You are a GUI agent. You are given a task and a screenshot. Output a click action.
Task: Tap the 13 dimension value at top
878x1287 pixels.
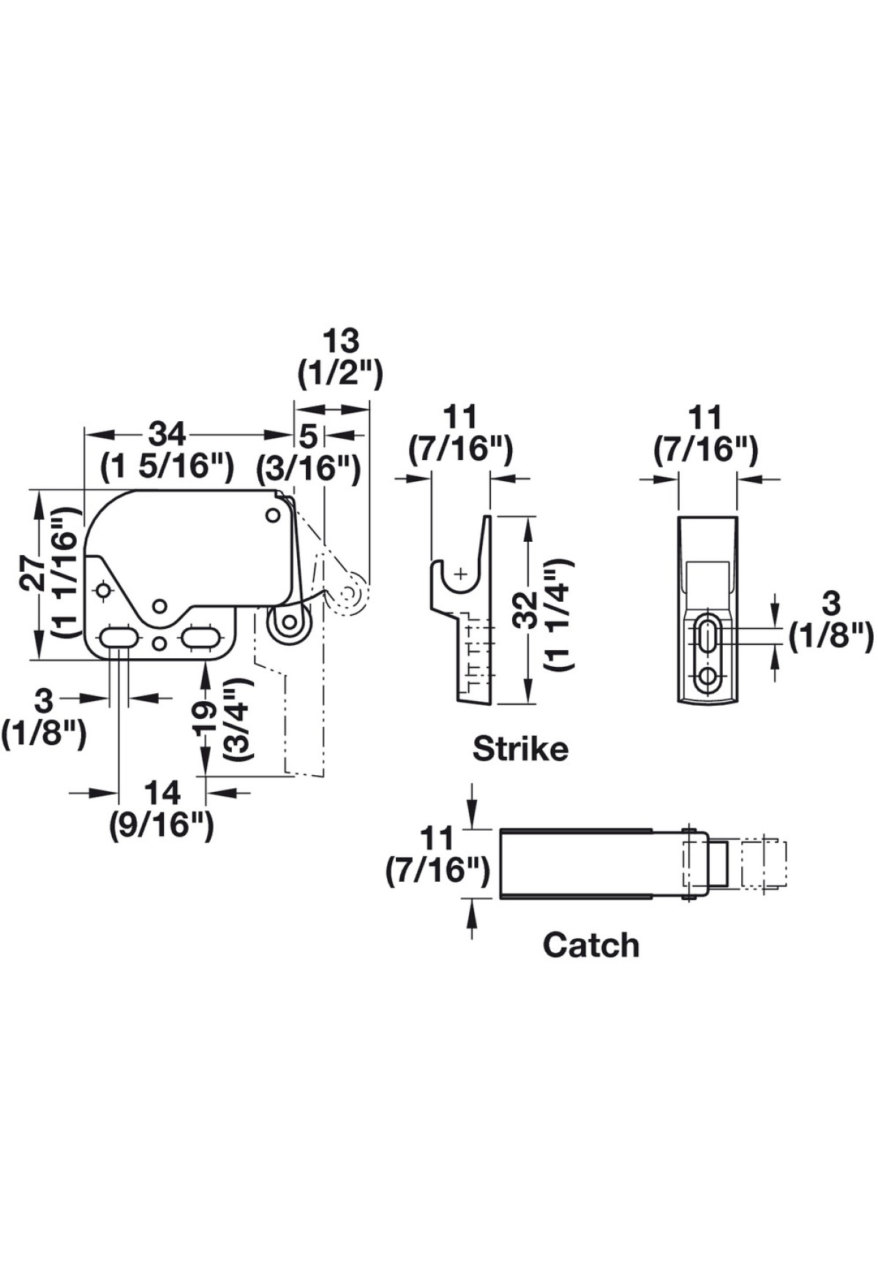[341, 341]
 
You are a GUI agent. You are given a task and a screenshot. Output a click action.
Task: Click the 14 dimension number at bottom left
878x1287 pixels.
[162, 793]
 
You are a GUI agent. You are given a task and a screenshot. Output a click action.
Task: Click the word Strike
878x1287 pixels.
[520, 749]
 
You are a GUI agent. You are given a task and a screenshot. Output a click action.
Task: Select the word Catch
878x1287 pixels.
[590, 945]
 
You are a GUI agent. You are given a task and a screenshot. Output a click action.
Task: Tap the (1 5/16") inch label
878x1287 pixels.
[168, 465]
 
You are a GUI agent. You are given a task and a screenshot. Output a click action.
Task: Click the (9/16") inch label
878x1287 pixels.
[162, 826]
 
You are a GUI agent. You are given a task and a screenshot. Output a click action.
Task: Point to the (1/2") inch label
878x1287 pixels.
[341, 374]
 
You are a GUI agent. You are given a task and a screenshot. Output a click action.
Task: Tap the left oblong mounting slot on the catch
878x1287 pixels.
[118, 636]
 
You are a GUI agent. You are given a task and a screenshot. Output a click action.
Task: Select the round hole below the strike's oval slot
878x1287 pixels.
[707, 676]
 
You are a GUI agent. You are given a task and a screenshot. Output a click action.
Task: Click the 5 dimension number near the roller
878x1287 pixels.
[309, 437]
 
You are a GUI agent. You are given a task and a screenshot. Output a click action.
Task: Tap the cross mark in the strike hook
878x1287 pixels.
[460, 573]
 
